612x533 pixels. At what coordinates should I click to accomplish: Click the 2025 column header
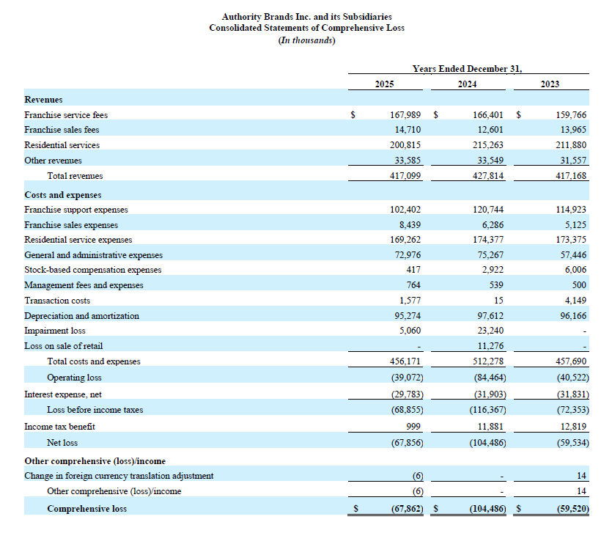pyautogui.click(x=385, y=84)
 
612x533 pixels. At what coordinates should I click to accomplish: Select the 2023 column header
pyautogui.click(x=550, y=84)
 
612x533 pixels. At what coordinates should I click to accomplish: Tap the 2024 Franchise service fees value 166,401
pyautogui.click(x=488, y=115)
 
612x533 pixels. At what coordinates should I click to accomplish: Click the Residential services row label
pyautogui.click(x=62, y=145)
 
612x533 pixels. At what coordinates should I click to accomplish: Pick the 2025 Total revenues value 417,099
pyautogui.click(x=405, y=176)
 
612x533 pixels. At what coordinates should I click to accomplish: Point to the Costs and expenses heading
pyautogui.click(x=63, y=195)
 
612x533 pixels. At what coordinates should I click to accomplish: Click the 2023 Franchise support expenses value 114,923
pyautogui.click(x=571, y=210)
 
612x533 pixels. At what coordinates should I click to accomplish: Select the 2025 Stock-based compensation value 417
pyautogui.click(x=413, y=270)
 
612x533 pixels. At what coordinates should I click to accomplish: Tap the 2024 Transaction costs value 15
pyautogui.click(x=498, y=301)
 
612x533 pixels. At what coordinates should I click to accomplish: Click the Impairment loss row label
pyautogui.click(x=55, y=331)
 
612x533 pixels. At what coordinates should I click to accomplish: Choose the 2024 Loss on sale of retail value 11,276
pyautogui.click(x=490, y=346)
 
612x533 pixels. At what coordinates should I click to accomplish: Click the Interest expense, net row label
pyautogui.click(x=63, y=394)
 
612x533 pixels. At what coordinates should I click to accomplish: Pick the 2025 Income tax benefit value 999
pyautogui.click(x=413, y=427)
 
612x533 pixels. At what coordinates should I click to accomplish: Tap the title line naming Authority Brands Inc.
pyautogui.click(x=307, y=17)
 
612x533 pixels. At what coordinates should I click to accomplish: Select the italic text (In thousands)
pyautogui.click(x=307, y=40)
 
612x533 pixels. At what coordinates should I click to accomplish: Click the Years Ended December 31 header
pyautogui.click(x=467, y=69)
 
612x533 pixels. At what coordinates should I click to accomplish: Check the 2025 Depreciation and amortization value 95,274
pyautogui.click(x=408, y=316)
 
